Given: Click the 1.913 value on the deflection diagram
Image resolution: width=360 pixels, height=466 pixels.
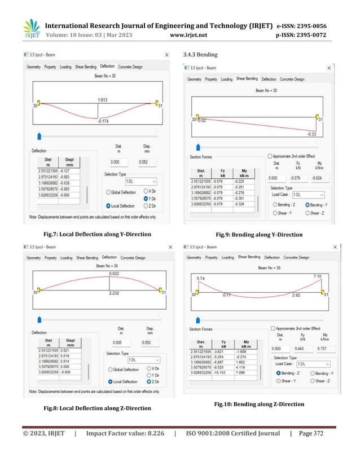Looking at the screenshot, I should coord(103,100).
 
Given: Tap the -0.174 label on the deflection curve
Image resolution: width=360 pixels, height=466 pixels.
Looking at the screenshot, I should coord(103,121).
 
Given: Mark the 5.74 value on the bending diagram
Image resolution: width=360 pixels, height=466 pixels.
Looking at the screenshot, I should coord(199,278).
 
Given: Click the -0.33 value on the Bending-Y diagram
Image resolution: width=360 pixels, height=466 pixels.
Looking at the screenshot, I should coord(311,134).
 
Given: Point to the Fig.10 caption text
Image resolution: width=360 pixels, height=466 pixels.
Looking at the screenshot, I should coord(259,404).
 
